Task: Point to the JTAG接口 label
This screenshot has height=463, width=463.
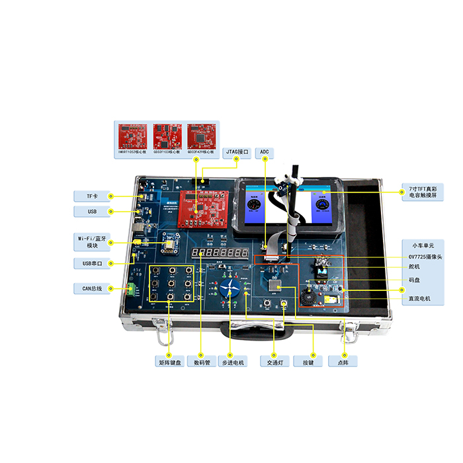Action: [236, 151]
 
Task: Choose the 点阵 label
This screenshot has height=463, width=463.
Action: [343, 362]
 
